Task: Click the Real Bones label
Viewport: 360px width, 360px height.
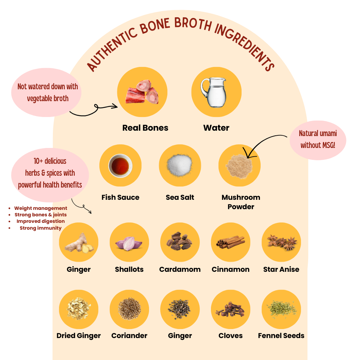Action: pyautogui.click(x=145, y=128)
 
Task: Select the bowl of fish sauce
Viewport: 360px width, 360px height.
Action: pyautogui.click(x=120, y=166)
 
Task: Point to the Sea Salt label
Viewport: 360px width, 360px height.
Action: pyautogui.click(x=180, y=197)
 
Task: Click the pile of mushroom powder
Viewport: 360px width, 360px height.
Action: pyautogui.click(x=239, y=166)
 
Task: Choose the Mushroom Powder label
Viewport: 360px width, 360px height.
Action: pyautogui.click(x=241, y=202)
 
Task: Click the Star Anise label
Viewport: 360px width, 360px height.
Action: pyautogui.click(x=281, y=269)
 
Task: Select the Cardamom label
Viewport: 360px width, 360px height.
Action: pyautogui.click(x=180, y=269)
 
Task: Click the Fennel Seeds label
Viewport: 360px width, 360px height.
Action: pyautogui.click(x=281, y=336)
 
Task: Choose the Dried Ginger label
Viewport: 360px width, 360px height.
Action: pyautogui.click(x=78, y=336)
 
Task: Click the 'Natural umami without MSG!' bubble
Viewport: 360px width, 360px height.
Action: pyautogui.click(x=318, y=139)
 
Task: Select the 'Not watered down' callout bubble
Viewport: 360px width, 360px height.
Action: pyautogui.click(x=48, y=93)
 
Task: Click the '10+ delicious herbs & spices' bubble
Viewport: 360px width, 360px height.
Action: pyautogui.click(x=50, y=173)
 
